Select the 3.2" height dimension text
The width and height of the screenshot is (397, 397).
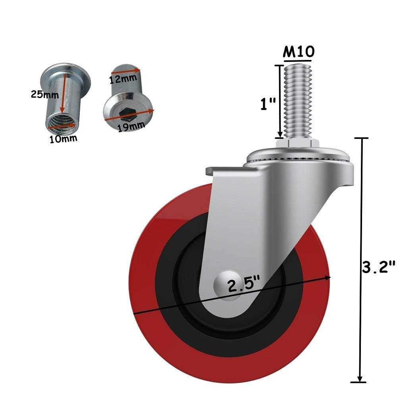pyautogui.click(x=379, y=267)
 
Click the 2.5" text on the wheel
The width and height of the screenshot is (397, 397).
pyautogui.click(x=244, y=285)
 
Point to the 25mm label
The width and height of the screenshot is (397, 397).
pyautogui.click(x=45, y=94)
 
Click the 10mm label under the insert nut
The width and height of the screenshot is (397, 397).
pyautogui.click(x=63, y=139)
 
